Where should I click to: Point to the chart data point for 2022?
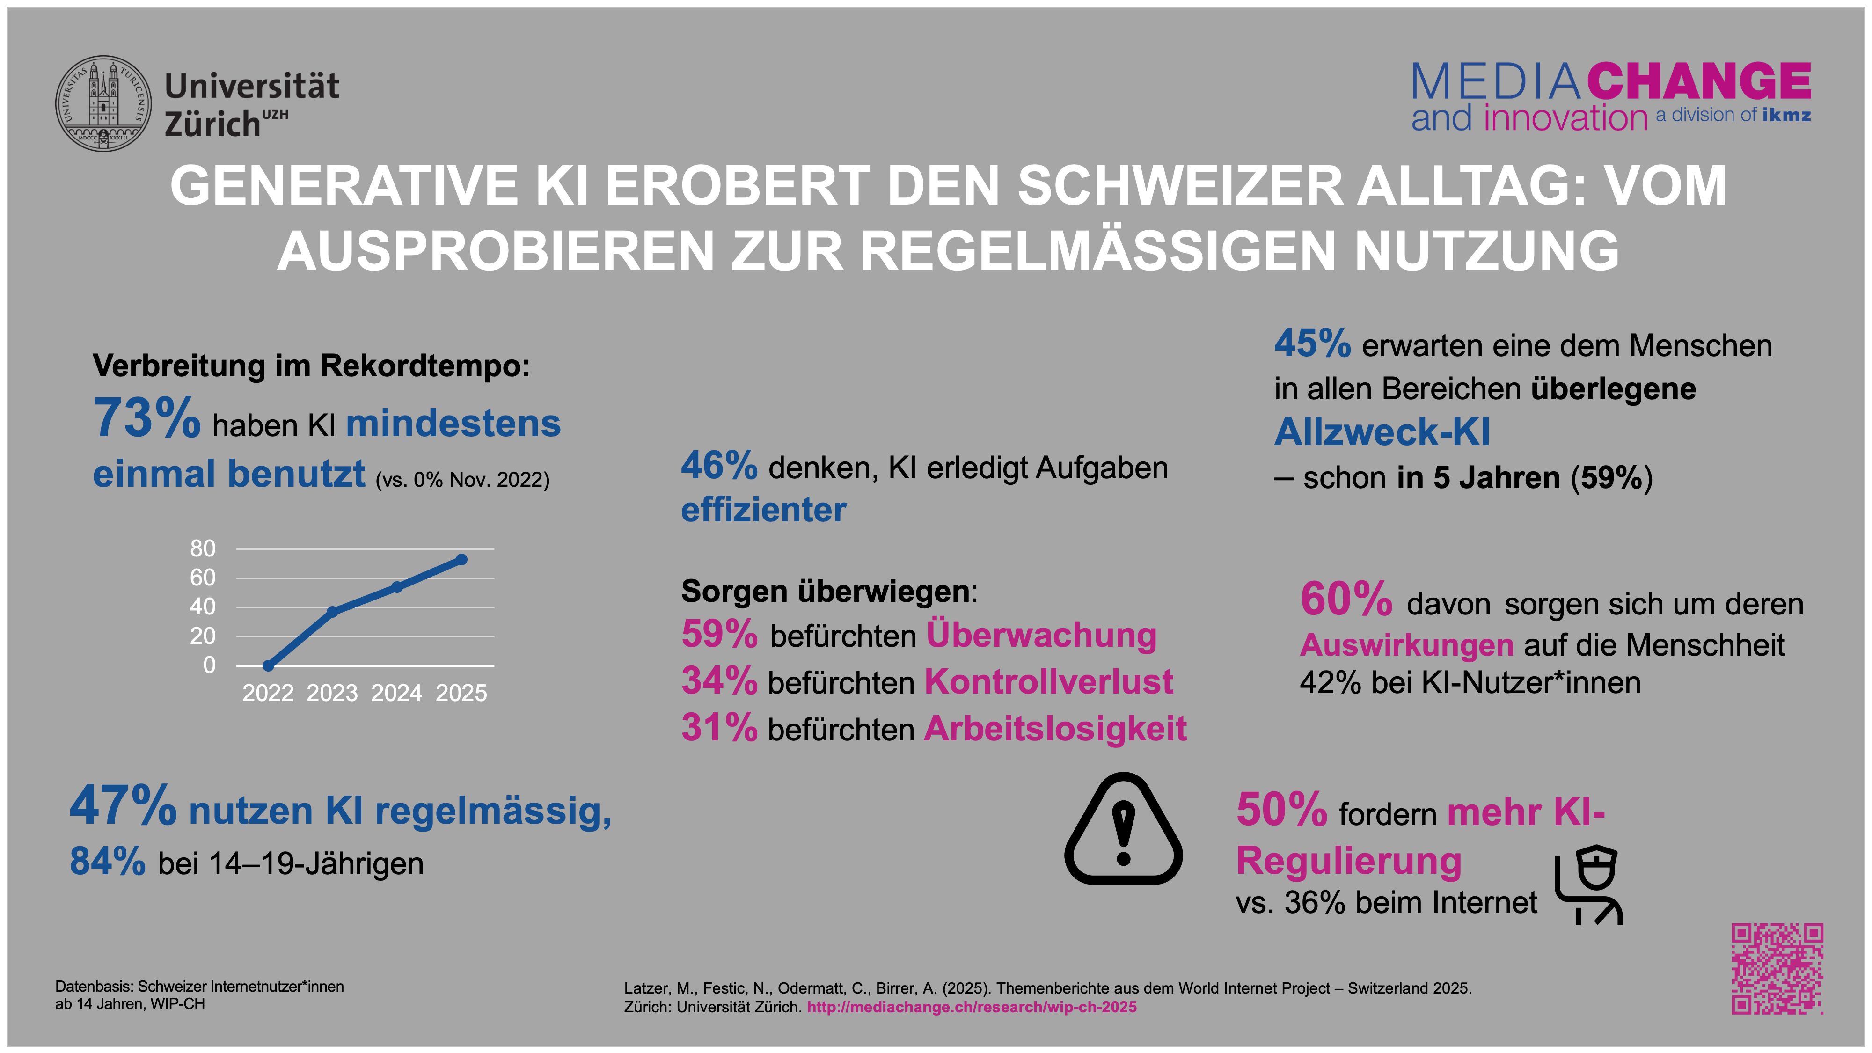click(x=268, y=665)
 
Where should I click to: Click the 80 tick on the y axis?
click(x=203, y=548)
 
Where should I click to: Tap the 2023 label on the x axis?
click(x=332, y=693)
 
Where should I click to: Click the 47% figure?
click(x=123, y=807)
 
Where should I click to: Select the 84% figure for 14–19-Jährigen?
click(x=108, y=862)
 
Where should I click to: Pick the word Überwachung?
click(x=1041, y=635)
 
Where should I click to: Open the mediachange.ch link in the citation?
click(x=972, y=1007)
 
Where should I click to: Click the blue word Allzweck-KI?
click(x=1382, y=432)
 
